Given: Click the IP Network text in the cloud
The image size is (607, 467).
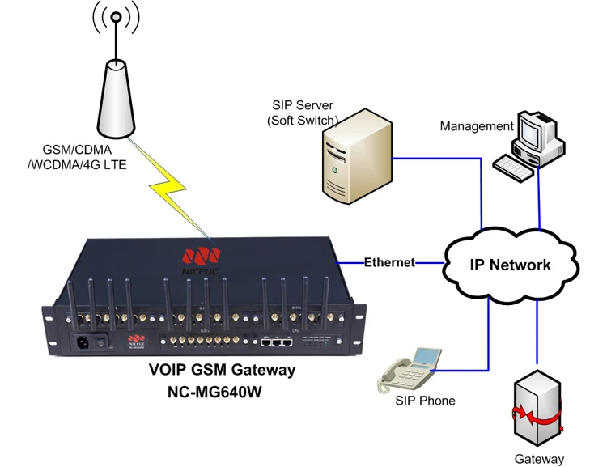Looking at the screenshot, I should pos(511,265).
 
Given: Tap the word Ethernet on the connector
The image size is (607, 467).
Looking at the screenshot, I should pos(389,262).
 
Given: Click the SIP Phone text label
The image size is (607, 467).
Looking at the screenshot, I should pos(425,401).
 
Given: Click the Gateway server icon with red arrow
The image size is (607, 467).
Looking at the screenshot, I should pos(537,410).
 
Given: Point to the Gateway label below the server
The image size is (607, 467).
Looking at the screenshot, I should pos(539,459).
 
